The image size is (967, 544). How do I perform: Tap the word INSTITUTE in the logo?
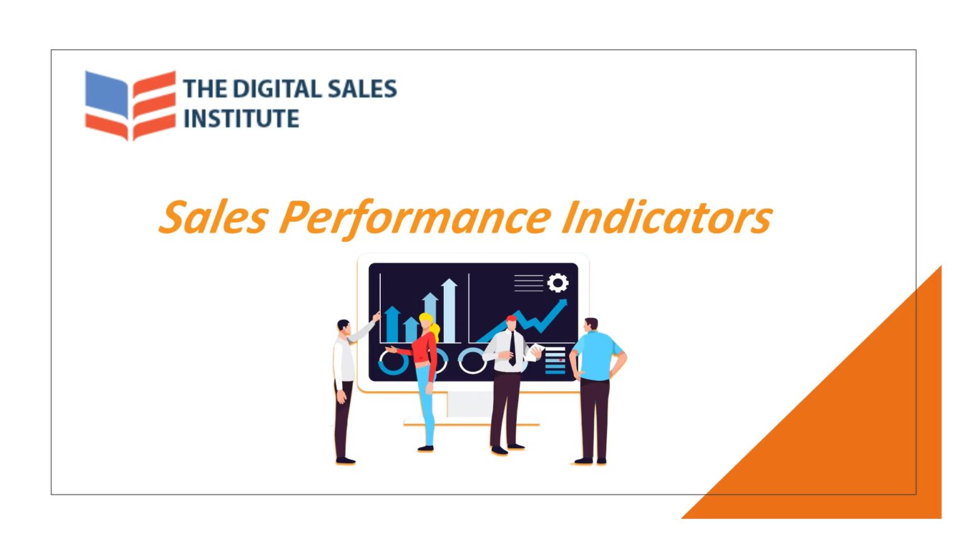(x=241, y=118)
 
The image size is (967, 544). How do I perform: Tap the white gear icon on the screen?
(x=557, y=283)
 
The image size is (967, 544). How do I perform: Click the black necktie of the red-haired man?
(x=512, y=348)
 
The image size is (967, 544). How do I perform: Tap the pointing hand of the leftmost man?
(x=376, y=316)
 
